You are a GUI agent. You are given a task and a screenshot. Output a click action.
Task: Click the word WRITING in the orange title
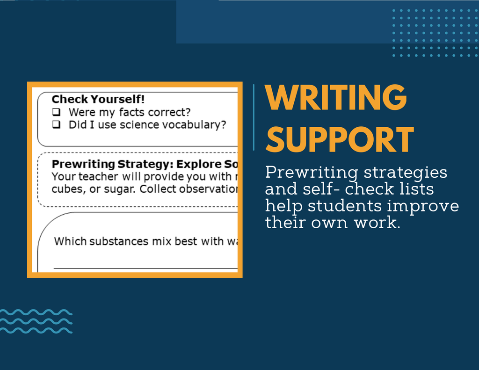(x=336, y=97)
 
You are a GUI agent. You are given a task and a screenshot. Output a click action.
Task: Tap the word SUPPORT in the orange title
(x=340, y=140)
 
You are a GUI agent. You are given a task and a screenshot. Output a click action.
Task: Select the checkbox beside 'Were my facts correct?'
(x=56, y=112)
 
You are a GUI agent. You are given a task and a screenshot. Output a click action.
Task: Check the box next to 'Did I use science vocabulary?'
(x=56, y=124)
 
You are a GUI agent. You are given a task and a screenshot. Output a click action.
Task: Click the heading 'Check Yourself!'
(x=98, y=99)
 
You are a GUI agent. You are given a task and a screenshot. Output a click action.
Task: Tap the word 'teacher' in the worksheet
(x=94, y=177)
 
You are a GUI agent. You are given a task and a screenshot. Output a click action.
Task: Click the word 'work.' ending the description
(x=377, y=223)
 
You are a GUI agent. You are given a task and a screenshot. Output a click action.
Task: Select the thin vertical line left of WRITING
(x=254, y=117)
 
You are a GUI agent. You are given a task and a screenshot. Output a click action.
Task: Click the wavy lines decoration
(x=36, y=321)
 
